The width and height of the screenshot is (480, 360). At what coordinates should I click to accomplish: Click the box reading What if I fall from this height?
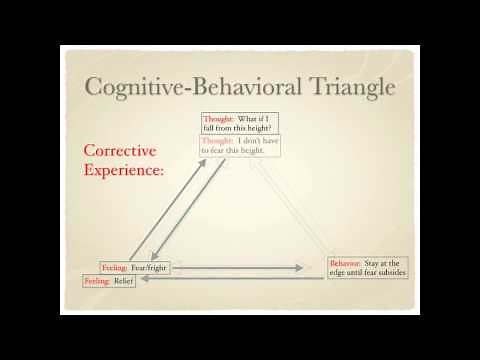click(x=240, y=124)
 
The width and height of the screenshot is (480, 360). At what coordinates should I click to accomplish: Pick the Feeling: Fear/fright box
click(x=135, y=268)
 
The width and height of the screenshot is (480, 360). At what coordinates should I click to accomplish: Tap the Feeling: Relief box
click(x=110, y=282)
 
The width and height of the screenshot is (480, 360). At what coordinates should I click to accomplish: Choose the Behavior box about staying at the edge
click(x=368, y=268)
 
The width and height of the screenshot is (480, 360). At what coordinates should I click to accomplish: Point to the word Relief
click(x=124, y=282)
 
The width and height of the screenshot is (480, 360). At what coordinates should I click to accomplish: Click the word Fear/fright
click(x=150, y=268)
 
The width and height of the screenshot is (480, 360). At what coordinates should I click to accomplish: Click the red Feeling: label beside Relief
click(x=97, y=282)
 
